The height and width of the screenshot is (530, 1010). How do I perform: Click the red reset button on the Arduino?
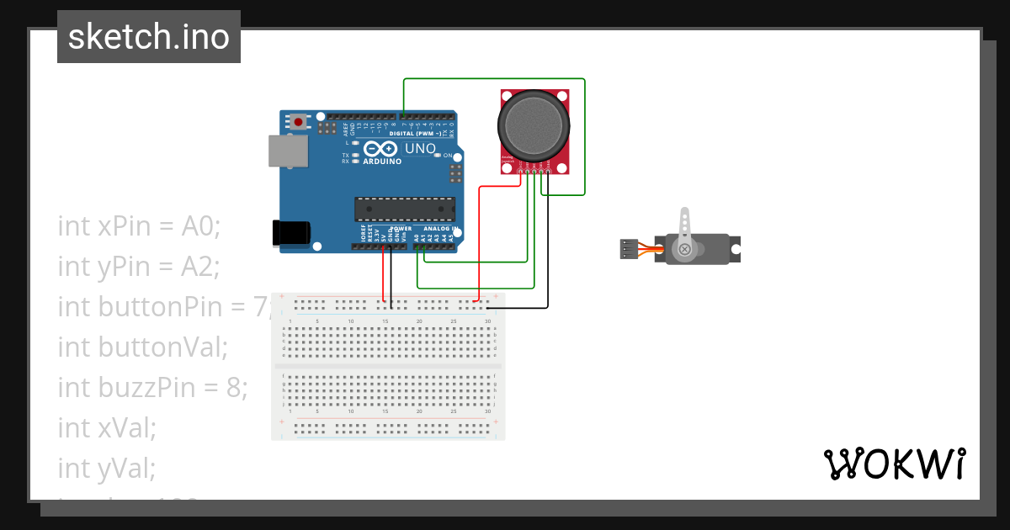(298, 123)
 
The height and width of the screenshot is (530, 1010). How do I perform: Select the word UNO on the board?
(420, 149)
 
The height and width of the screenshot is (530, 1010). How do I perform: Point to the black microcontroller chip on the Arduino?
(405, 209)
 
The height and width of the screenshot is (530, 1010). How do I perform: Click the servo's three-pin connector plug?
(627, 249)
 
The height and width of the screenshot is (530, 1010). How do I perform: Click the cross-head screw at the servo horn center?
(685, 249)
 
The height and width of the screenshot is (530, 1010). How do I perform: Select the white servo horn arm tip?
(685, 215)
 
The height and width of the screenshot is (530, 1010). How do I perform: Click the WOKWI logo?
(894, 464)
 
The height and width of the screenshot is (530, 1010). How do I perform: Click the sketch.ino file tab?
(149, 37)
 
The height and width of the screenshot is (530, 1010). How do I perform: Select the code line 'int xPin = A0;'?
(139, 225)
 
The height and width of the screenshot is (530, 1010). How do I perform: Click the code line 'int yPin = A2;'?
(139, 266)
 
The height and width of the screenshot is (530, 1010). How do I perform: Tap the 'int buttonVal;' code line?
(143, 347)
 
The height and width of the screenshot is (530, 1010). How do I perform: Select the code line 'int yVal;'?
(106, 468)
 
